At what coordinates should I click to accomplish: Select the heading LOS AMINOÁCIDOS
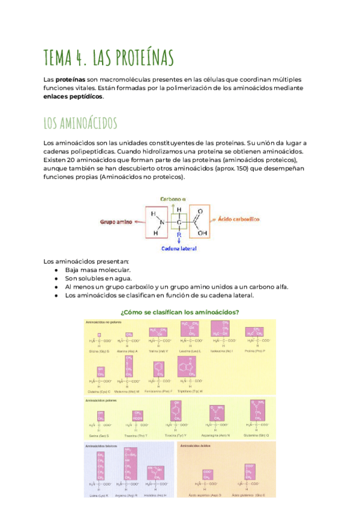(x=80, y=123)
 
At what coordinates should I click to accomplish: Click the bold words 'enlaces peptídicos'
(x=73, y=97)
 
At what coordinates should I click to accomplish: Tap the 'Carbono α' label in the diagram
(x=173, y=198)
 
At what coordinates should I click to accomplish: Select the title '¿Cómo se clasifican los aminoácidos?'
(x=180, y=312)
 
